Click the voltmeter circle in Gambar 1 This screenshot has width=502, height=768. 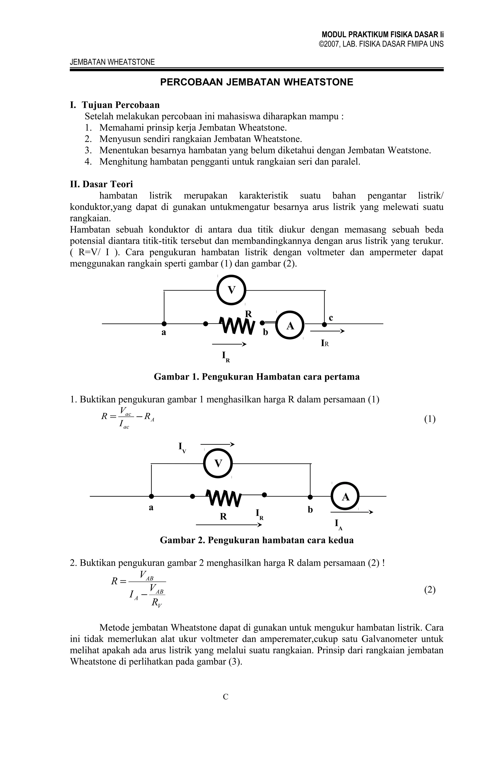point(231,290)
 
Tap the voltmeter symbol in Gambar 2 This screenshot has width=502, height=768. point(218,464)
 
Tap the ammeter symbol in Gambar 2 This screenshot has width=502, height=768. point(345,496)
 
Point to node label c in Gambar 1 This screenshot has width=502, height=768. point(331,318)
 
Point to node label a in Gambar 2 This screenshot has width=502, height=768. point(151,508)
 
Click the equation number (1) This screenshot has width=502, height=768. point(430,419)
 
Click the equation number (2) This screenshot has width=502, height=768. point(430,589)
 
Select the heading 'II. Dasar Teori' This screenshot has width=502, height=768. point(101,184)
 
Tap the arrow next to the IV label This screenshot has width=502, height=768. point(218,445)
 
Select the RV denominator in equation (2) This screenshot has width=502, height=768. point(156,602)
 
